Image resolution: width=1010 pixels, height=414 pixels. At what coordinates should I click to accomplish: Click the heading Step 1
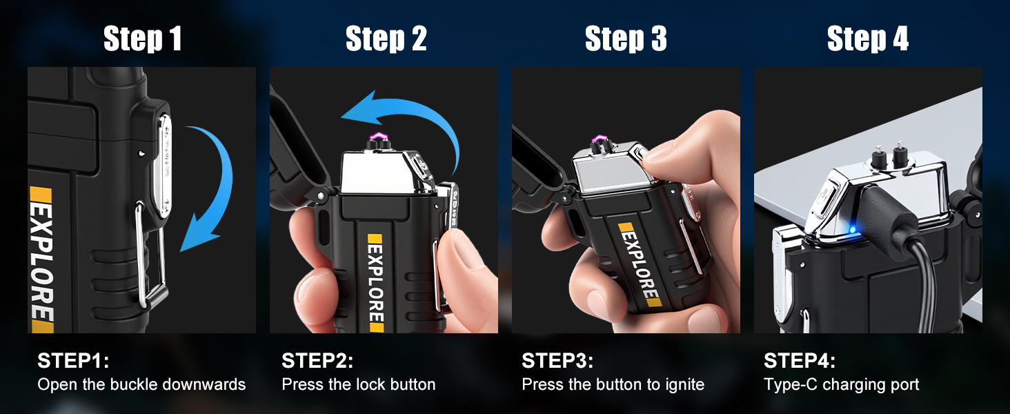coord(142,39)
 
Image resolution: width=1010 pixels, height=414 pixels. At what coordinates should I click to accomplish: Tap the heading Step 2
coord(386,39)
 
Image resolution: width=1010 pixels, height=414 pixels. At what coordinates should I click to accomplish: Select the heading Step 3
coord(626,39)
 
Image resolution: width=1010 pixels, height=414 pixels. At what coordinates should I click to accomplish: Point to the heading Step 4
coord(867,39)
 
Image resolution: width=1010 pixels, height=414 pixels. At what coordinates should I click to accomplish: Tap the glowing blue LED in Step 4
coord(853,229)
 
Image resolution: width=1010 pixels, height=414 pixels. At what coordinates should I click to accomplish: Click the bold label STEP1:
coord(73,361)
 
